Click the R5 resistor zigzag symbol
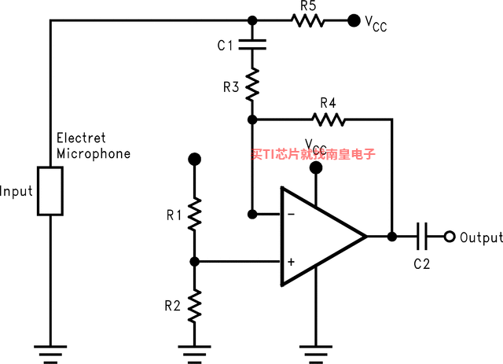click(x=307, y=20)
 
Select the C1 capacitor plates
click(x=252, y=45)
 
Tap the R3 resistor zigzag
click(x=252, y=84)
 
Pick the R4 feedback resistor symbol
click(x=329, y=119)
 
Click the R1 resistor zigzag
click(x=194, y=214)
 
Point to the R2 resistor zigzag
click(x=194, y=306)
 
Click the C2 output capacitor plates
click(x=422, y=237)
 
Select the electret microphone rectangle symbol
click(x=50, y=191)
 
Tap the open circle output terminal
click(x=450, y=237)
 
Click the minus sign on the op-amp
click(x=292, y=214)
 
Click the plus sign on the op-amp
click(x=291, y=262)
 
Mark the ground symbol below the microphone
click(x=50, y=355)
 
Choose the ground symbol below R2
click(x=194, y=355)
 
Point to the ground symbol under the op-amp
click(x=316, y=355)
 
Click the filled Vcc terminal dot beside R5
click(x=354, y=20)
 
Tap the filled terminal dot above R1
click(x=194, y=160)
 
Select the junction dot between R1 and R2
click(x=194, y=262)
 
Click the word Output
click(x=481, y=237)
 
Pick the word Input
click(x=17, y=191)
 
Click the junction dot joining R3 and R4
click(x=252, y=119)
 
